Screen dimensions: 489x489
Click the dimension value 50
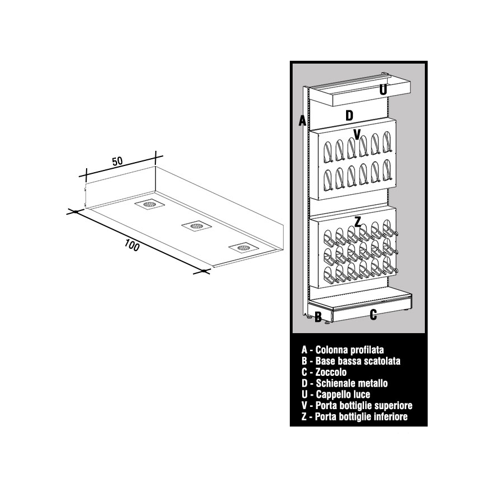pos(118,161)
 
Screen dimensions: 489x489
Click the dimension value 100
pos(132,245)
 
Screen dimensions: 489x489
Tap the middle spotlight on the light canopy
pos(196,225)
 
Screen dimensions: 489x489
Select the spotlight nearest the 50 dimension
pos(150,204)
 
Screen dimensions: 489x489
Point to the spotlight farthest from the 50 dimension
pos(244,247)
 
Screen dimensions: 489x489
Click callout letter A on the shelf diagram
pos(302,120)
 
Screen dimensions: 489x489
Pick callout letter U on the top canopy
pos(383,90)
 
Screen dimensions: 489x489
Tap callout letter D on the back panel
pos(349,115)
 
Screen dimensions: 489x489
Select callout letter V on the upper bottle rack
pos(357,134)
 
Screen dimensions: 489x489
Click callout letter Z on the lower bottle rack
pos(358,222)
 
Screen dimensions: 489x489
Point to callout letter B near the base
pos(318,317)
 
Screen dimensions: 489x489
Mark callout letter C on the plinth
pos(373,315)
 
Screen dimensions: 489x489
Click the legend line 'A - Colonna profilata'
pos(343,350)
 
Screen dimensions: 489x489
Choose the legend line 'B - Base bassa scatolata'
pos(351,361)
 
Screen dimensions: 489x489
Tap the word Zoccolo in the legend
pos(331,372)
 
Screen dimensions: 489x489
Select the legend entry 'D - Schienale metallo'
pos(344,383)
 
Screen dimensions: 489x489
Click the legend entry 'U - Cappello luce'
pos(336,394)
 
